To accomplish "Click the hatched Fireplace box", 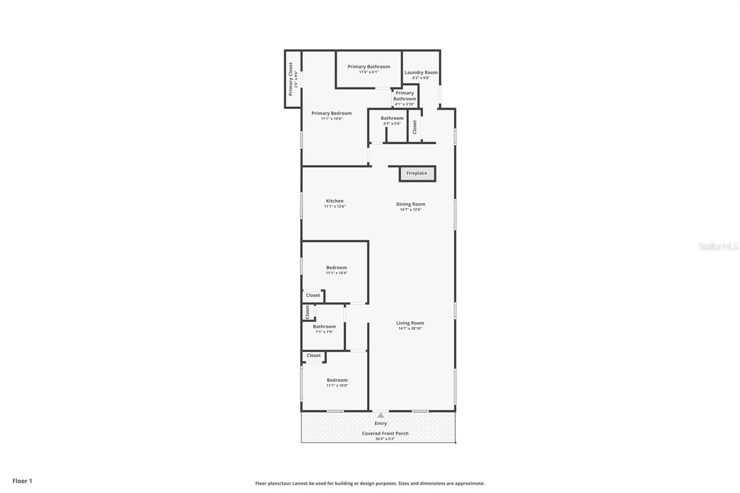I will click(417, 173).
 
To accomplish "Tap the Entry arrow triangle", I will click(381, 415).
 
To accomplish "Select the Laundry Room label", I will click(421, 73).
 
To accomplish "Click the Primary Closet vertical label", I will click(291, 79).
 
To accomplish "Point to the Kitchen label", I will click(335, 201).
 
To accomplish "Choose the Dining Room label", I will click(411, 204).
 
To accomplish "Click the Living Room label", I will click(410, 323).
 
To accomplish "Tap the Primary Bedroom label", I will click(332, 113).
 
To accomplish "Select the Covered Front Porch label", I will click(385, 433).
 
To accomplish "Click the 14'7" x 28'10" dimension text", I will click(410, 329).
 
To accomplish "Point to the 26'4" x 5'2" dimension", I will click(385, 439).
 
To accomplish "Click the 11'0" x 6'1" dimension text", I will click(369, 72).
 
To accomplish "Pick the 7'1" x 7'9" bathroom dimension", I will click(324, 332).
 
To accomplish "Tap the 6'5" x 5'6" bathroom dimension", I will click(392, 123).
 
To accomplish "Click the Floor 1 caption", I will click(22, 481).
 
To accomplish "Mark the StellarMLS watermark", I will click(718, 246).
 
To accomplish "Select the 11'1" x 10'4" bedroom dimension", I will click(337, 273).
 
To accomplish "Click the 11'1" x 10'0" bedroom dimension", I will click(337, 386).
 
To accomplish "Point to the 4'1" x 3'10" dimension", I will click(405, 104).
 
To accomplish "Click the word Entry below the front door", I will click(381, 424).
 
